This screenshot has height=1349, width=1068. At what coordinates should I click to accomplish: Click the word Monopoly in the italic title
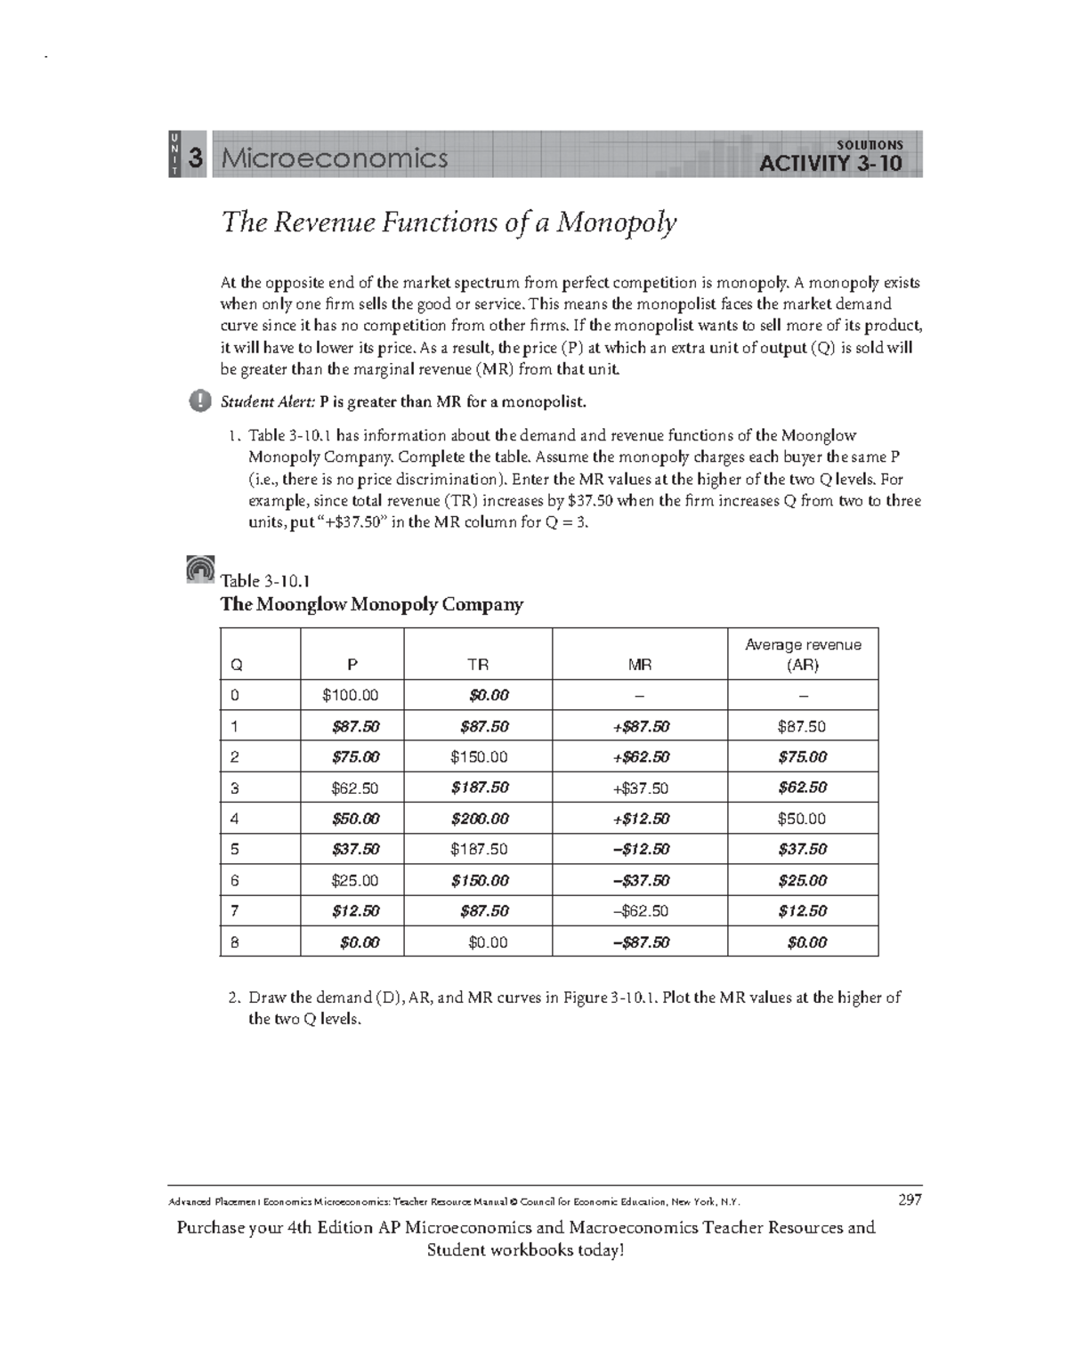point(616,222)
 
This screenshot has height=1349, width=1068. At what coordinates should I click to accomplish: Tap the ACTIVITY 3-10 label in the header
point(829,163)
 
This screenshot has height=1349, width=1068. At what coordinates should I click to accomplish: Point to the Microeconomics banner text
point(335,158)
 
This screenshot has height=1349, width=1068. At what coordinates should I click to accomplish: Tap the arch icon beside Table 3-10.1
point(201,569)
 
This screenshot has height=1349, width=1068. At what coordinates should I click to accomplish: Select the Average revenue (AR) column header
point(802,654)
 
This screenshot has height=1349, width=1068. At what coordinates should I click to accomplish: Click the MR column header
point(639,664)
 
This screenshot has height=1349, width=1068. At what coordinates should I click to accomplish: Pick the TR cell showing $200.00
point(480,819)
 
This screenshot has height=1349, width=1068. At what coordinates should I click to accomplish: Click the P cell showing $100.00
point(351,695)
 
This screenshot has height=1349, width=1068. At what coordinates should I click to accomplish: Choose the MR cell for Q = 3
point(640,788)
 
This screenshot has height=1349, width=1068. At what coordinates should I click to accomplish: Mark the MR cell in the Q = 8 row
point(640,942)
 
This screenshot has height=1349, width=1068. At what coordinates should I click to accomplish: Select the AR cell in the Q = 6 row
point(802,880)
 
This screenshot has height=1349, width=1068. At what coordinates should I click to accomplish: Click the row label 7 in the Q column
point(235,911)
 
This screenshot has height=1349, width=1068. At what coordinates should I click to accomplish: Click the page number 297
point(909,1200)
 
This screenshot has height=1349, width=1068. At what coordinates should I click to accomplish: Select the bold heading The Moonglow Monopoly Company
point(371,604)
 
